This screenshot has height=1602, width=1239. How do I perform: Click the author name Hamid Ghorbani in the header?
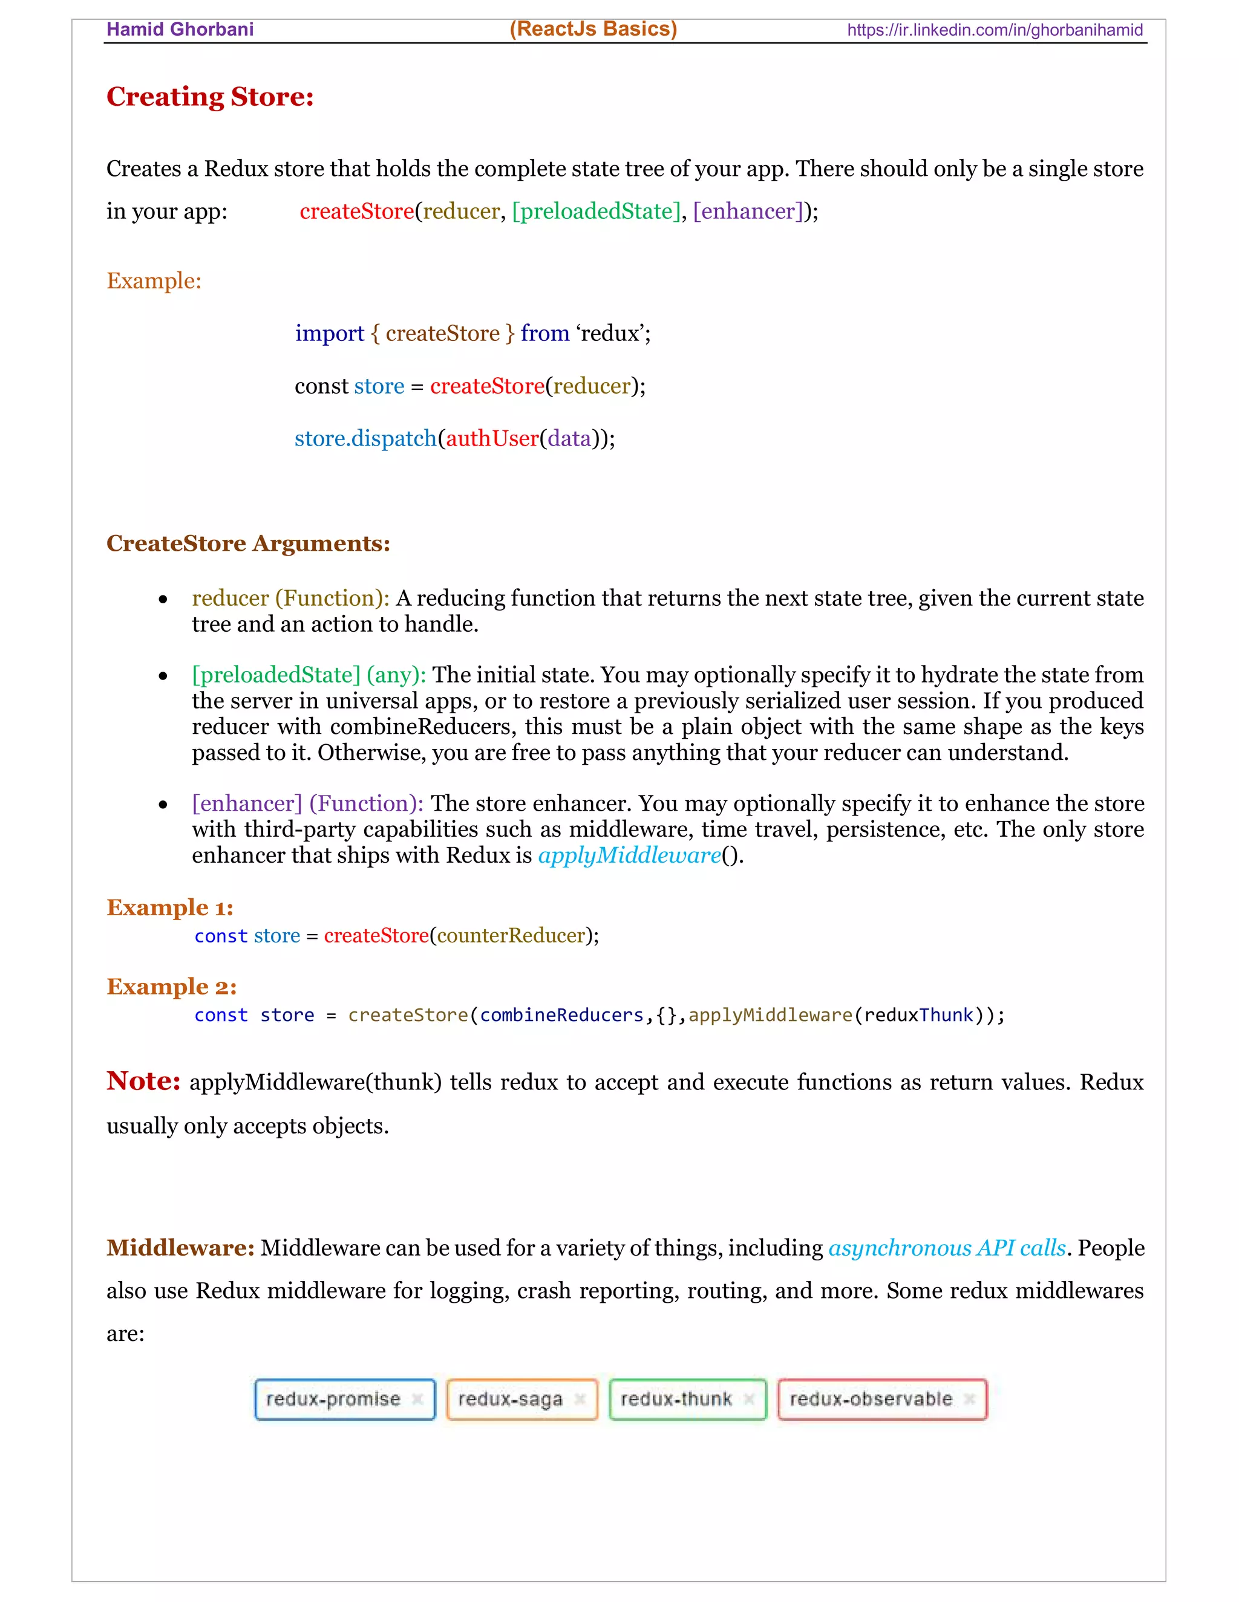point(180,30)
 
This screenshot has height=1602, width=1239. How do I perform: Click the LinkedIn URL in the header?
point(995,30)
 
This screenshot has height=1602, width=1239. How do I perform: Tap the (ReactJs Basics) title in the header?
point(593,28)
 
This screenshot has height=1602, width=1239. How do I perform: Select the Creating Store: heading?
point(210,97)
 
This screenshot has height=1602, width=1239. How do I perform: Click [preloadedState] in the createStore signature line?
point(596,211)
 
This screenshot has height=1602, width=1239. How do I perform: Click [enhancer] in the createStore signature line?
point(748,211)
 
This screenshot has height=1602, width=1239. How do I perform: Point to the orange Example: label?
point(154,281)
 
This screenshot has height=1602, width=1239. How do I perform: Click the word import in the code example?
point(330,334)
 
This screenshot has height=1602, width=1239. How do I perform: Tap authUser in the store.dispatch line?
point(492,439)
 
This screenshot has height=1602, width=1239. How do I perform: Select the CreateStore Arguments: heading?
point(248,543)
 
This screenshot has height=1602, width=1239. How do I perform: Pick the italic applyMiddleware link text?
point(630,855)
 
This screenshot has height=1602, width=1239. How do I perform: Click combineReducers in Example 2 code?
point(561,1015)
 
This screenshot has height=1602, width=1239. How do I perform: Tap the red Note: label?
point(143,1082)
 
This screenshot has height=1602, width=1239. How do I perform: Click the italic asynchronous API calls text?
point(947,1248)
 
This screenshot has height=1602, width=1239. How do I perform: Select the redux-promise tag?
point(333,1399)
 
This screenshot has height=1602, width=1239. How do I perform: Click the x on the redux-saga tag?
point(579,1399)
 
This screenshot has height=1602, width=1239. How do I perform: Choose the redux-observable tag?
point(871,1399)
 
